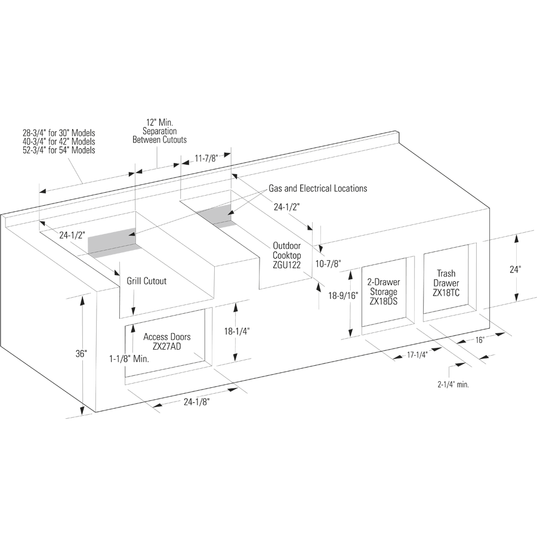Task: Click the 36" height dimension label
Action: (82, 353)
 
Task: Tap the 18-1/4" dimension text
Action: (237, 331)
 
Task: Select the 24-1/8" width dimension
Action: (196, 402)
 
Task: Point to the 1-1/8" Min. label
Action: (129, 359)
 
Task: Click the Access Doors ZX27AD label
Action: (167, 341)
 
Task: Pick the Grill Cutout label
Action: (147, 281)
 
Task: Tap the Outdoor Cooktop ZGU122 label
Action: (286, 255)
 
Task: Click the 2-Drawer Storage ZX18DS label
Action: (384, 292)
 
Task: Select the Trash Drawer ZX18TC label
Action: (446, 283)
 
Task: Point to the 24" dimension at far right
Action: (515, 270)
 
